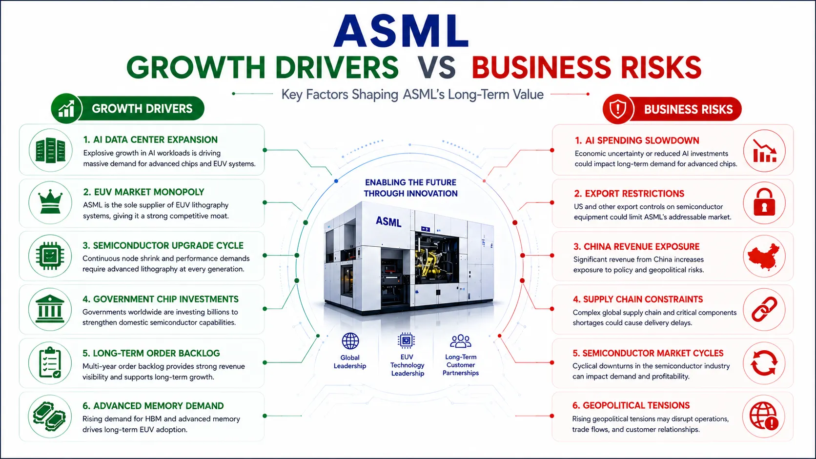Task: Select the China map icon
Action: (764, 256)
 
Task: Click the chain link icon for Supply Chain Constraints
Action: (764, 309)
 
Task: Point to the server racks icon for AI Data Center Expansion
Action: (50, 150)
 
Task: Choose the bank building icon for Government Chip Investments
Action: (50, 309)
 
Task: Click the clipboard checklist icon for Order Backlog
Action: (50, 362)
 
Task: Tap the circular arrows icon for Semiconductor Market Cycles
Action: (764, 363)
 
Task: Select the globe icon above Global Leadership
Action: (350, 341)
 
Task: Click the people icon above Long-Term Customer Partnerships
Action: (460, 341)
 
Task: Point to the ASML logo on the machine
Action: (388, 221)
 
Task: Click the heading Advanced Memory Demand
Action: (153, 406)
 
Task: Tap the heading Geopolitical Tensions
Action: (631, 405)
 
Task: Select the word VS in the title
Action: (436, 68)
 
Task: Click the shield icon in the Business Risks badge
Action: (618, 109)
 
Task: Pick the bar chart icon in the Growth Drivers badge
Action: (66, 108)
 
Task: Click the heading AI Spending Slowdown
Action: (637, 140)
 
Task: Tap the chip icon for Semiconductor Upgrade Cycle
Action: (50, 256)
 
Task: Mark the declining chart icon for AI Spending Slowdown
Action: (764, 151)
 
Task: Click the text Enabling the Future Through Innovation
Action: (410, 188)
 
